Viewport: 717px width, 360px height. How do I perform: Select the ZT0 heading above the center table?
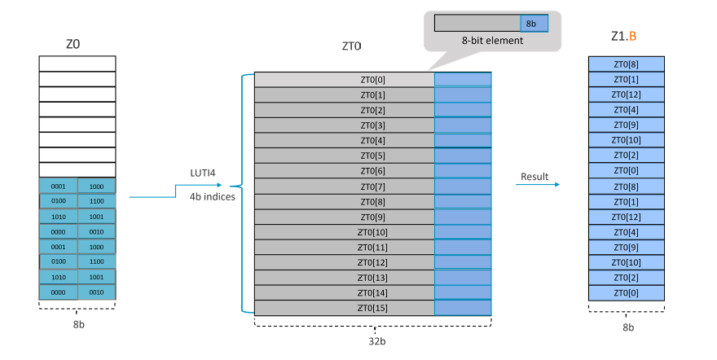[x=352, y=48]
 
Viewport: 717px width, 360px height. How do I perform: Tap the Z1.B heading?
[x=624, y=37]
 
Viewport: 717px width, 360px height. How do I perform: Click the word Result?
[x=534, y=176]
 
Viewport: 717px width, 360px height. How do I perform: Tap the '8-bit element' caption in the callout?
[x=492, y=41]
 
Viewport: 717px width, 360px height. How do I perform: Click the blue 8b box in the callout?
[x=534, y=23]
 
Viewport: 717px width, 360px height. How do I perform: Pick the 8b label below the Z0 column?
[x=77, y=321]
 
